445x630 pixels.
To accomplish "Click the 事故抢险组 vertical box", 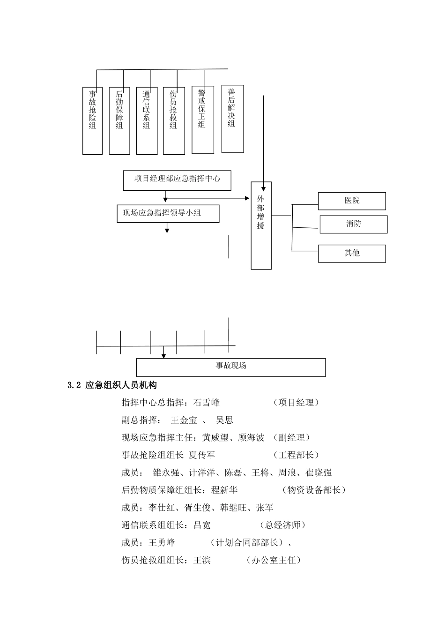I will [x=92, y=120].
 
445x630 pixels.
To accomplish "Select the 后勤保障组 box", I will [x=119, y=120].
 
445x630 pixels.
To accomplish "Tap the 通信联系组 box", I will [x=147, y=120].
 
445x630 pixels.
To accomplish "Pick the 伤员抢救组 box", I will [x=174, y=120].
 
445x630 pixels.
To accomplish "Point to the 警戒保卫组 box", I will [x=202, y=120].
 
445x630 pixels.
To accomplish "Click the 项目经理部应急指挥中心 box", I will [x=177, y=180].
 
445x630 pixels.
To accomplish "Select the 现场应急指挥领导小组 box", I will [x=168, y=213].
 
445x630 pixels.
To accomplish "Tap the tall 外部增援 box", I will [x=261, y=225].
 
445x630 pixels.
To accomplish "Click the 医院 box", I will [x=352, y=201].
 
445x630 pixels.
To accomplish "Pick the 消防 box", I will [x=354, y=224].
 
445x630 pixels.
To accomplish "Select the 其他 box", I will [x=352, y=253].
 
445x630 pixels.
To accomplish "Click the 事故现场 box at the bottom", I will [x=231, y=367].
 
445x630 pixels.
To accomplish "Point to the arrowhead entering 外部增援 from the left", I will [x=248, y=198].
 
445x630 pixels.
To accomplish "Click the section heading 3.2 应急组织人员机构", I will [x=112, y=385].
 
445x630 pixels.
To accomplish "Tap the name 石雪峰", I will [x=206, y=403].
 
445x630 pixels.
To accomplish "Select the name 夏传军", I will [x=201, y=455].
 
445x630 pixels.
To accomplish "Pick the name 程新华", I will [x=224, y=490].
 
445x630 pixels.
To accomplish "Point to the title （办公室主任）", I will [x=274, y=560].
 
